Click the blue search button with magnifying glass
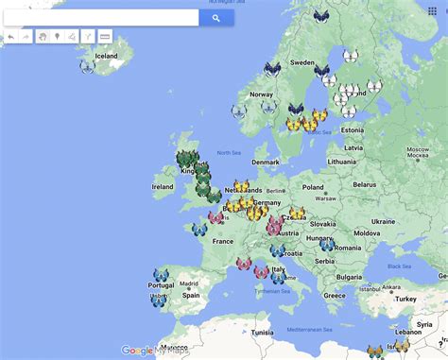coord(215,17)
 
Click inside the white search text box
coord(99,17)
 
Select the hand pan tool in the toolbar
coord(43,37)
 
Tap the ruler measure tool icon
coord(105,37)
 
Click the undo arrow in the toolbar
coord(10,37)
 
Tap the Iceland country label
coord(106,56)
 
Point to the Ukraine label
coord(383,221)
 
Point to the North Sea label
coord(229,152)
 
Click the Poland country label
coord(313,187)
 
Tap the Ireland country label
coord(163,187)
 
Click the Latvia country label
coord(354,147)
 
